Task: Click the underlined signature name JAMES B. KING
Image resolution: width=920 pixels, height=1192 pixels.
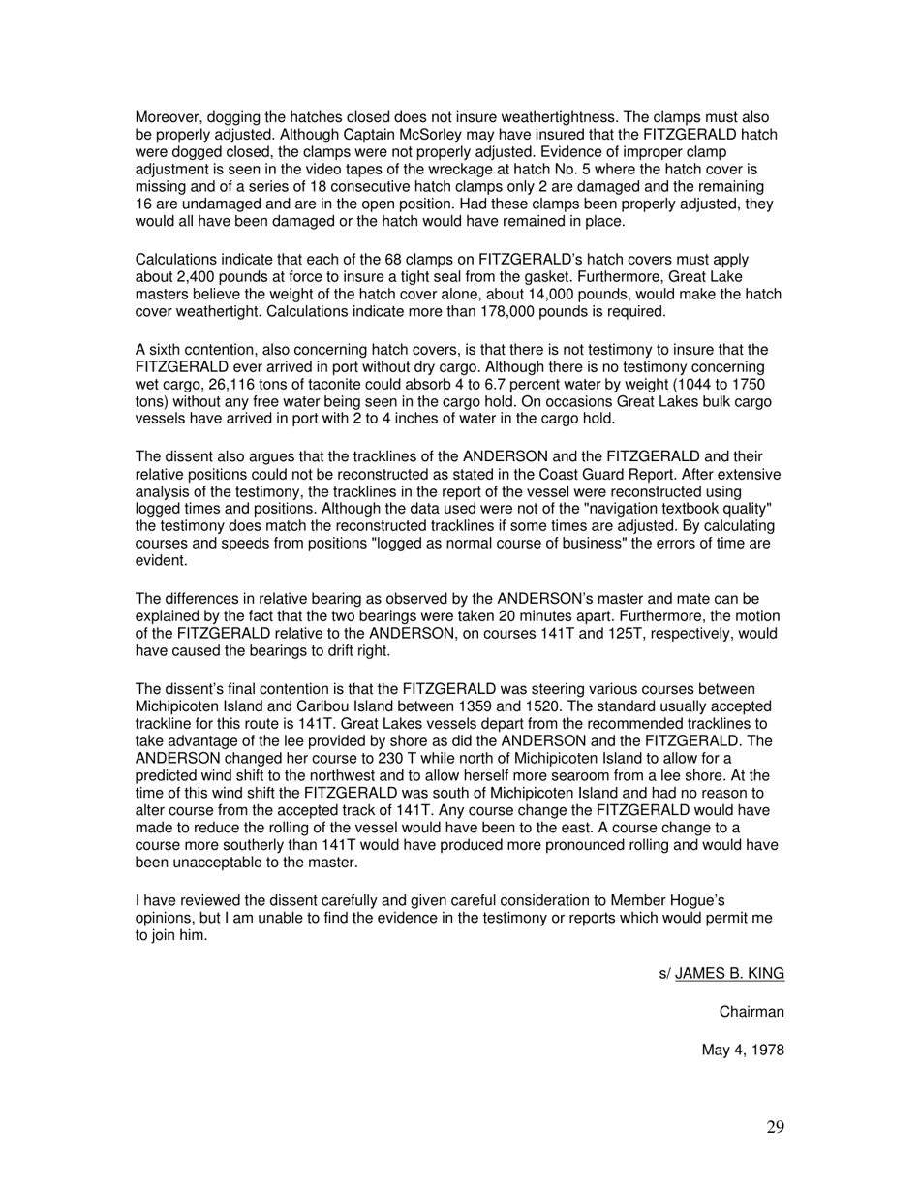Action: pyautogui.click(x=729, y=974)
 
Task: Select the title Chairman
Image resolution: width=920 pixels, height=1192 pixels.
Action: pyautogui.click(x=751, y=1013)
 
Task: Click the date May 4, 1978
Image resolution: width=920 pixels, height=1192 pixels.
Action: pyautogui.click(x=743, y=1051)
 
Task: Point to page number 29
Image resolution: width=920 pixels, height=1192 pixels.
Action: pyautogui.click(x=775, y=1127)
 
